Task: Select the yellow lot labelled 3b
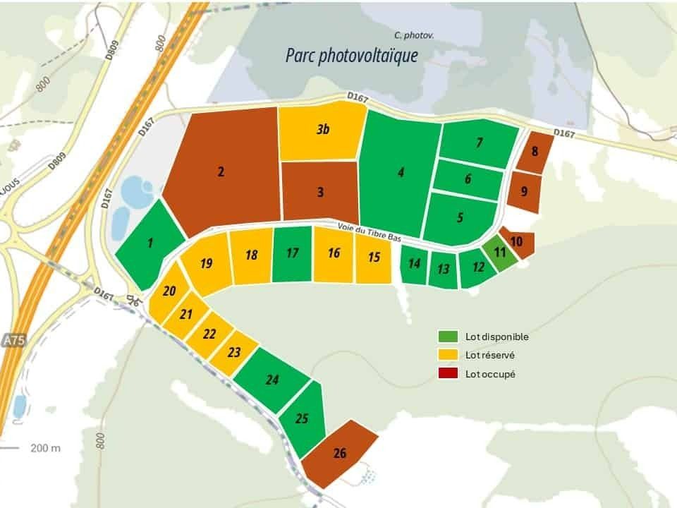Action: click(322, 130)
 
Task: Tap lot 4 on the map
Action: click(401, 173)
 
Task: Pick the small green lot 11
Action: click(500, 251)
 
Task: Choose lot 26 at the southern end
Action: click(340, 453)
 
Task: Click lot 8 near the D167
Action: click(535, 152)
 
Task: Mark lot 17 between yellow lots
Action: click(292, 253)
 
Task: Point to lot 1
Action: click(150, 244)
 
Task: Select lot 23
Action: click(235, 352)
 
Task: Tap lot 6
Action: click(468, 179)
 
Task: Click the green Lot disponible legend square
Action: click(447, 337)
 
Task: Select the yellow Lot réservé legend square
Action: click(447, 355)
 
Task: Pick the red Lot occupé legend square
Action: click(447, 374)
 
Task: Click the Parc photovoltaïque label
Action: click(351, 56)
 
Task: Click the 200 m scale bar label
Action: click(45, 448)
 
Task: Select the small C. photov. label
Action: click(413, 35)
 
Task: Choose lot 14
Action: click(415, 264)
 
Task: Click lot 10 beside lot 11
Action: click(516, 242)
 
